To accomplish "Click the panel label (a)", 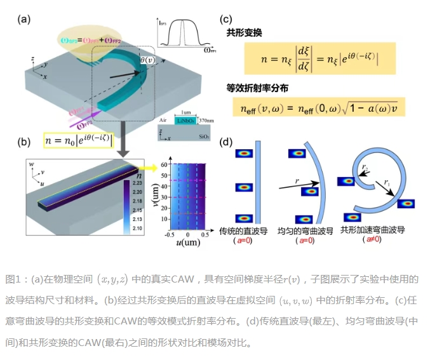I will click(x=25, y=18).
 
